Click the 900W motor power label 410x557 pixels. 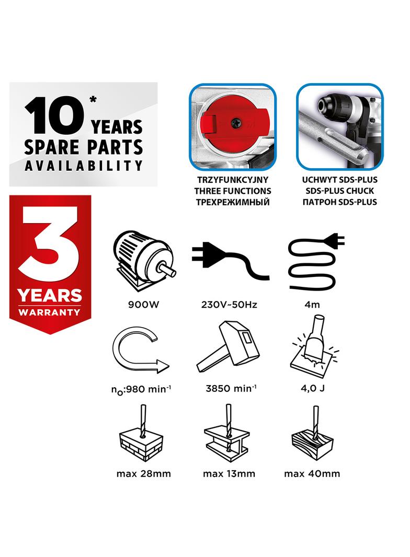[x=143, y=305]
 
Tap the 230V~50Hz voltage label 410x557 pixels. [x=229, y=305]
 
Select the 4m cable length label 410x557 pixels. [x=312, y=305]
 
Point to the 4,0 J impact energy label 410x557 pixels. [x=313, y=388]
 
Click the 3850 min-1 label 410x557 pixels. [x=231, y=388]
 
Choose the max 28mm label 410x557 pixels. [x=144, y=473]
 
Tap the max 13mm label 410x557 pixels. [x=229, y=473]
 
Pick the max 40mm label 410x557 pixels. [x=312, y=473]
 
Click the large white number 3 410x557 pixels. [x=48, y=245]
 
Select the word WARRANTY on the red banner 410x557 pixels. [x=50, y=312]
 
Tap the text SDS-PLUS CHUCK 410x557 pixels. [x=339, y=191]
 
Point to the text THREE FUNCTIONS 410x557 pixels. [x=233, y=191]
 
